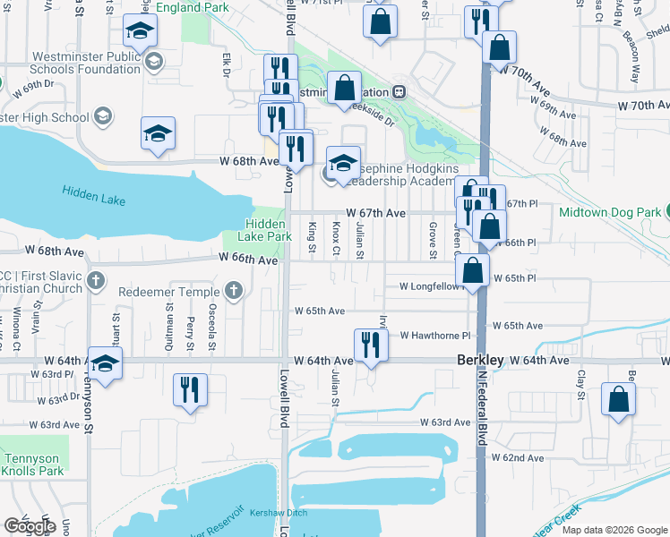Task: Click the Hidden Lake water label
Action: pyautogui.click(x=94, y=195)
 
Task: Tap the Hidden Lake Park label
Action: pyautogui.click(x=265, y=230)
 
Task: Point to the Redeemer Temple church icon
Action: pyautogui.click(x=233, y=291)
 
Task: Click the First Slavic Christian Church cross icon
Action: pyautogui.click(x=97, y=281)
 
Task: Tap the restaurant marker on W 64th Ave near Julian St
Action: pyautogui.click(x=371, y=345)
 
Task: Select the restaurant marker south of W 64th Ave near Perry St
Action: pyautogui.click(x=190, y=390)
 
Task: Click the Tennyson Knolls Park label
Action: pyautogui.click(x=32, y=465)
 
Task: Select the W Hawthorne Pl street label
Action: pyautogui.click(x=435, y=336)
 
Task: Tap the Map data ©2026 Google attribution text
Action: pyautogui.click(x=614, y=530)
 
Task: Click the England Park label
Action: pyautogui.click(x=192, y=7)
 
